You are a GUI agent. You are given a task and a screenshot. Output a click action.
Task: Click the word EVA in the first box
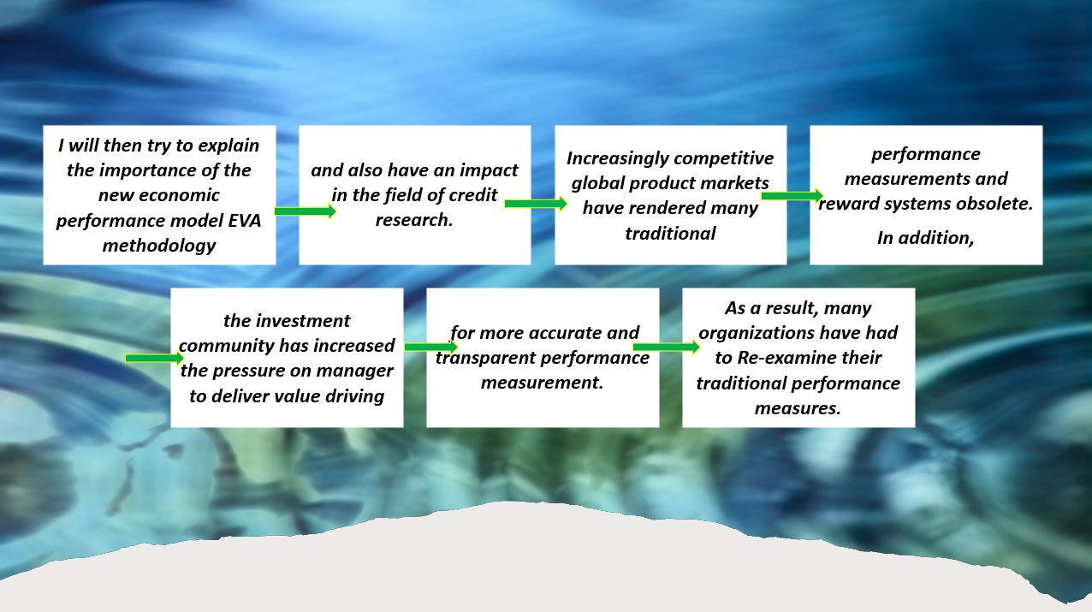(245, 221)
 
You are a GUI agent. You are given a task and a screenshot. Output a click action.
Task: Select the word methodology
(159, 246)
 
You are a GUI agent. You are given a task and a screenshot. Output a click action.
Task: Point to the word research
(414, 220)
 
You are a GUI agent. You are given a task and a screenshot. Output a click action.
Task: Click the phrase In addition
(926, 239)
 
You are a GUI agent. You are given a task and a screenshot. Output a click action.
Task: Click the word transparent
(484, 359)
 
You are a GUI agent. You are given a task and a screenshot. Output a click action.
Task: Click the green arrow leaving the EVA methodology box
(306, 211)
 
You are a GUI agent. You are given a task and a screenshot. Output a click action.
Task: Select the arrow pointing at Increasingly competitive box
(536, 204)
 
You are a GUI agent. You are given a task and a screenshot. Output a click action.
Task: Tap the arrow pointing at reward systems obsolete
(792, 195)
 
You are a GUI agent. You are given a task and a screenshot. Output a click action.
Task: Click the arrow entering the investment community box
(155, 359)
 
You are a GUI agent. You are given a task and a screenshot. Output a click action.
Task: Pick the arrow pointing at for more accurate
(431, 347)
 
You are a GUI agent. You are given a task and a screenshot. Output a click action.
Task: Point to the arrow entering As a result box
(667, 347)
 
